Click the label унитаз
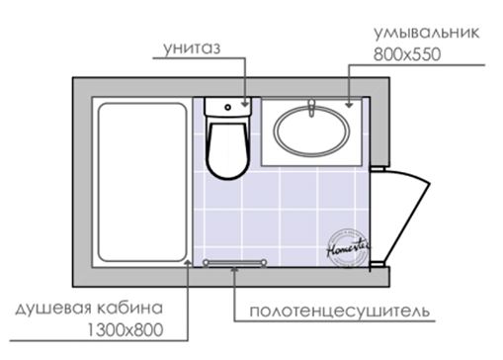192,48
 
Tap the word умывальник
427,34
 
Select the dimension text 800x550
407,54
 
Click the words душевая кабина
89,309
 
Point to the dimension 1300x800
126,330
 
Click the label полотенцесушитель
340,312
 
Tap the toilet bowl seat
227,150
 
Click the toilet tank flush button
227,107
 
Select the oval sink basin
311,131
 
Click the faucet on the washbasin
311,108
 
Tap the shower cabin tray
142,182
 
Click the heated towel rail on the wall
235,263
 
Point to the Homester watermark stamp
348,248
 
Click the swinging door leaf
407,218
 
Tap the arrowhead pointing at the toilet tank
245,104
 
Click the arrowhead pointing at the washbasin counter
349,105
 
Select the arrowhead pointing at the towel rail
234,269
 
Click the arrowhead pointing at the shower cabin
188,263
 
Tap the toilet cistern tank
228,107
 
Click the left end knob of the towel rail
206,263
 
